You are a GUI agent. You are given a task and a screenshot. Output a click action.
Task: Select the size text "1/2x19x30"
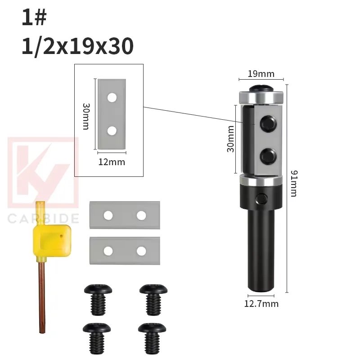[77, 46]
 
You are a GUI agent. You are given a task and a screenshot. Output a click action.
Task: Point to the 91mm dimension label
[293, 183]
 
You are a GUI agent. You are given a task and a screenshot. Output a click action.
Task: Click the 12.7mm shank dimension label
[261, 304]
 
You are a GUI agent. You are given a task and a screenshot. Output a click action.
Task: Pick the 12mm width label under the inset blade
[112, 162]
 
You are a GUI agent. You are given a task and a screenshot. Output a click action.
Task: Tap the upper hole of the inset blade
[112, 97]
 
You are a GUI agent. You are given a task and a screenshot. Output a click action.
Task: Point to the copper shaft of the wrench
[41, 297]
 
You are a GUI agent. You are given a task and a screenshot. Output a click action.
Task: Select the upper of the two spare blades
[125, 215]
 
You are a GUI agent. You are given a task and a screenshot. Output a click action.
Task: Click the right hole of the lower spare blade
[141, 251]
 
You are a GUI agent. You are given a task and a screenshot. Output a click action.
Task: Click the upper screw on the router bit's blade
[269, 122]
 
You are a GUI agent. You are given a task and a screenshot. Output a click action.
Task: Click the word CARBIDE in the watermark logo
[44, 219]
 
